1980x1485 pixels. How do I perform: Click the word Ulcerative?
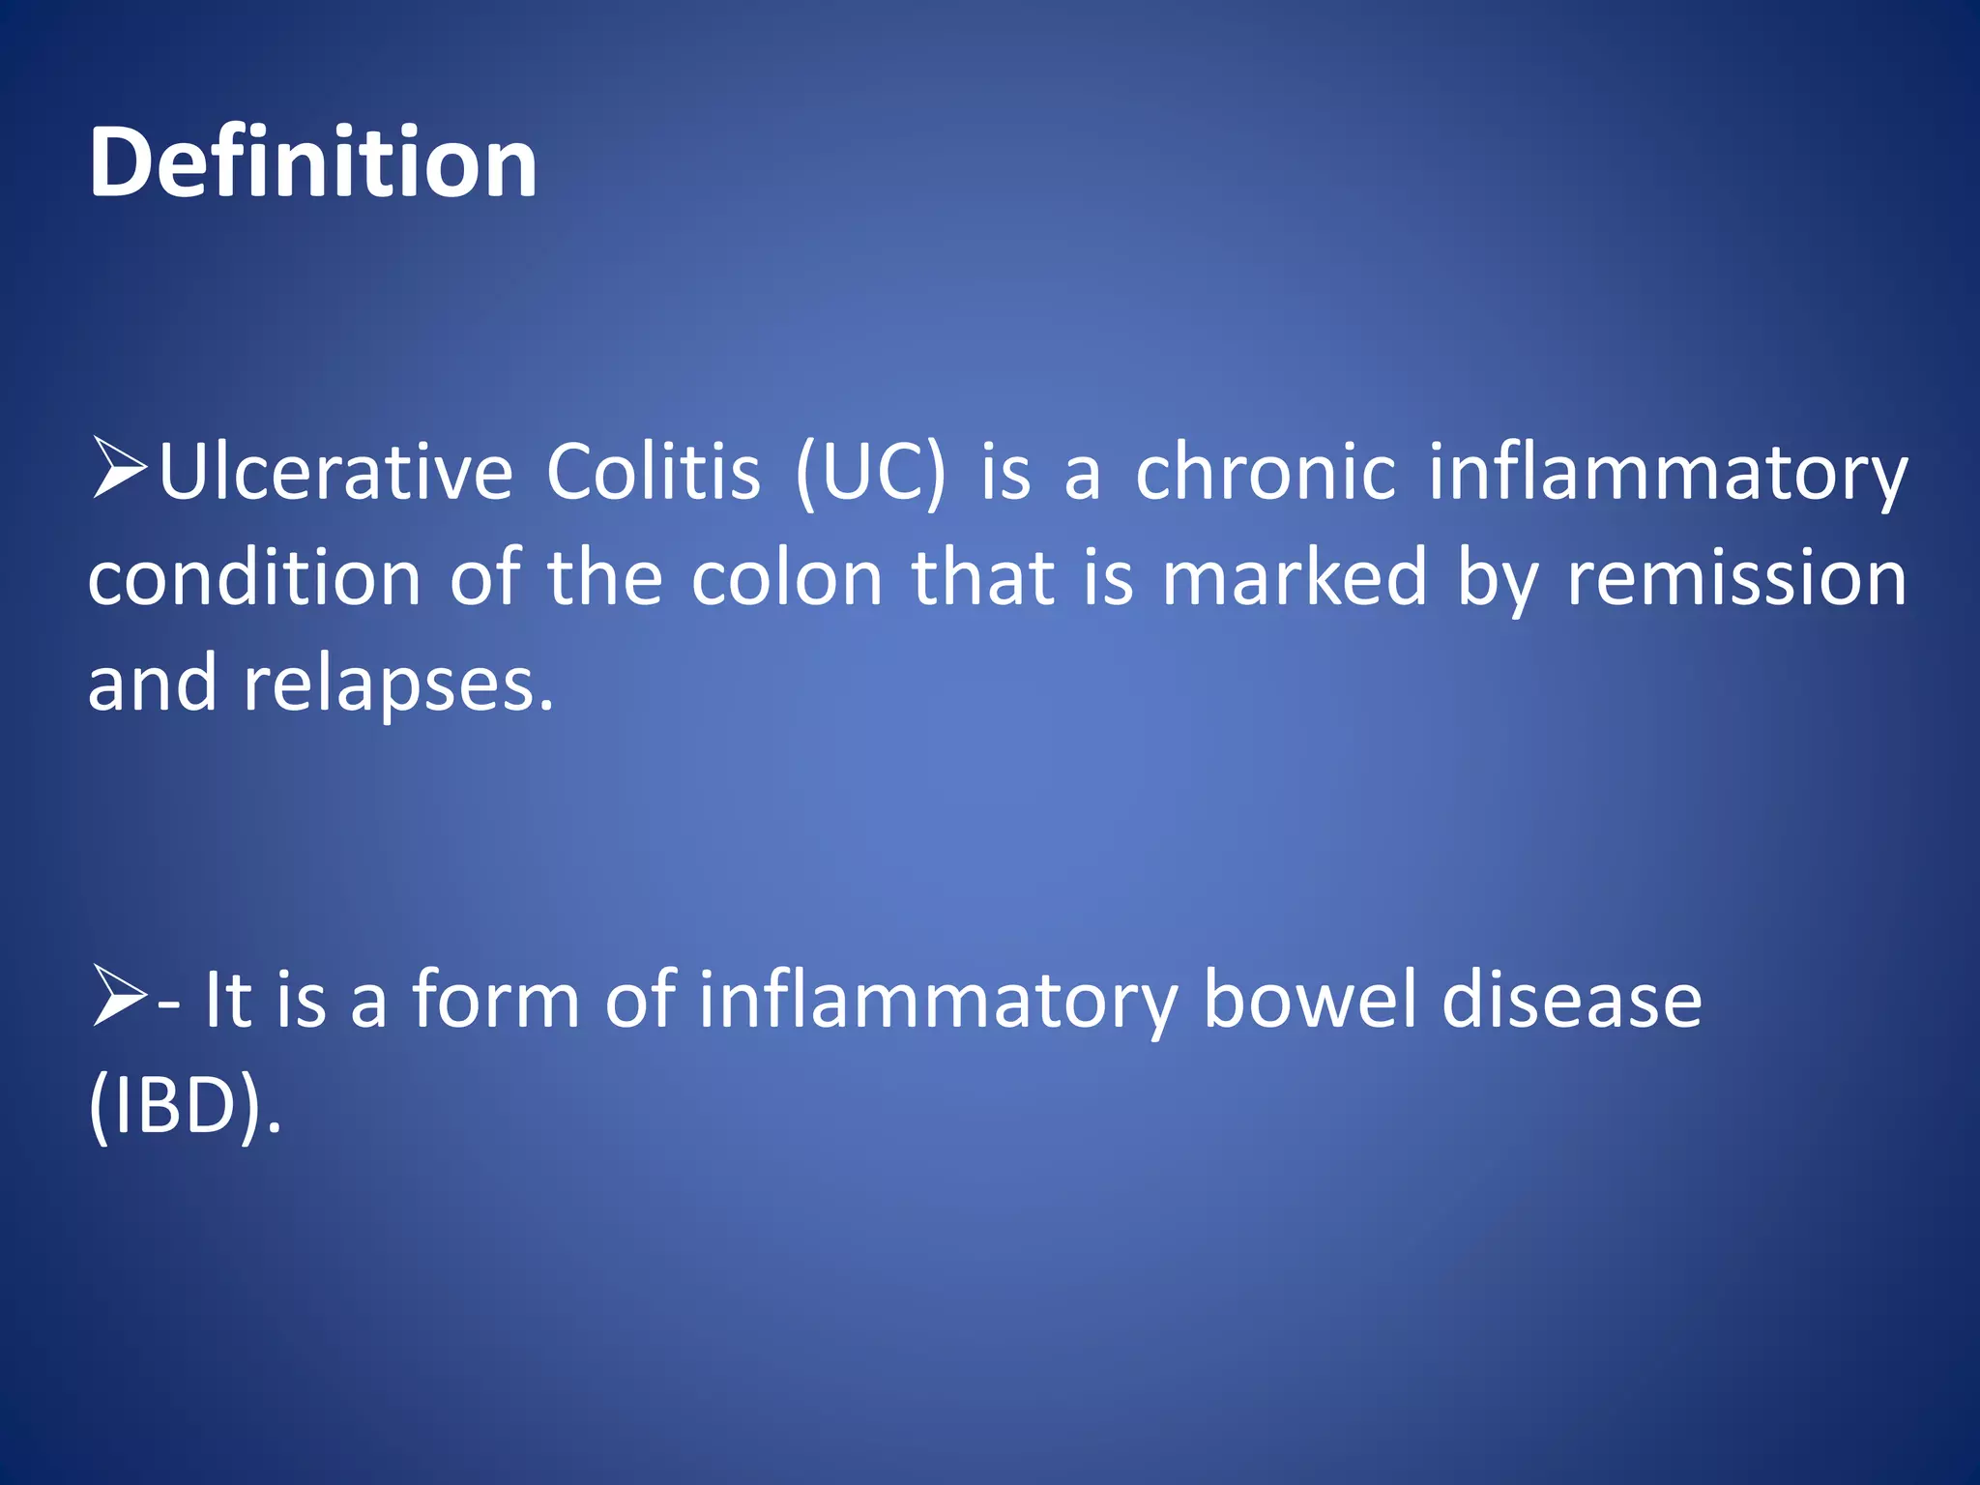point(335,473)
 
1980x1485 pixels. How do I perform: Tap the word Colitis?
point(654,473)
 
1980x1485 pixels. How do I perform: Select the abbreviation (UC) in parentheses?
point(870,473)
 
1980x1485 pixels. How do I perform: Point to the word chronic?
point(1266,473)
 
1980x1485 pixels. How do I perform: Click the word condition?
point(254,578)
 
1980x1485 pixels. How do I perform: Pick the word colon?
point(787,578)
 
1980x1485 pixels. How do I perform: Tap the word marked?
point(1294,578)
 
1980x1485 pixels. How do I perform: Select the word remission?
point(1736,578)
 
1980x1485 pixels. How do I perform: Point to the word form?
point(496,1000)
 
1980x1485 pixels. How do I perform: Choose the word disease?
point(1571,1000)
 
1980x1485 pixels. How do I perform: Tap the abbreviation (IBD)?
point(184,1105)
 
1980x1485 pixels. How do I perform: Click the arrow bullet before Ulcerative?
point(119,469)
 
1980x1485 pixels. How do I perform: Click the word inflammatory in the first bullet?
point(1668,473)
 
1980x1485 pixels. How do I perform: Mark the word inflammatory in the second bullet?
point(938,1000)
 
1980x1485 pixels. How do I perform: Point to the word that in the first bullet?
point(983,578)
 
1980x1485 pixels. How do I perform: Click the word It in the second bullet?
point(228,1000)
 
